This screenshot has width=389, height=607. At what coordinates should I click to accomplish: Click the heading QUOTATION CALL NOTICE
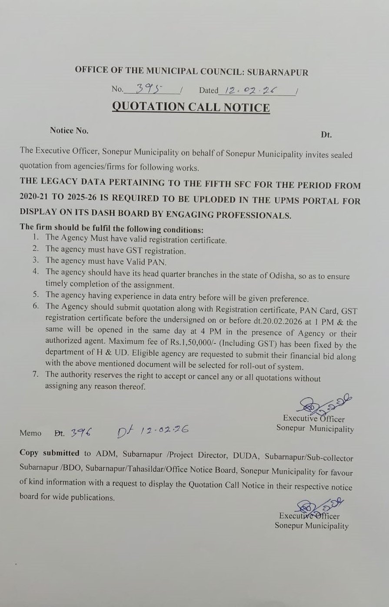[x=191, y=107]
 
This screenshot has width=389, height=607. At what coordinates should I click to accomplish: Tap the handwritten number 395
[x=149, y=89]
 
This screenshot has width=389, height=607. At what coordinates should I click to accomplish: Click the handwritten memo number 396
[x=80, y=431]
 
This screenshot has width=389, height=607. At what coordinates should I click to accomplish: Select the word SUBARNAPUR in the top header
[x=281, y=72]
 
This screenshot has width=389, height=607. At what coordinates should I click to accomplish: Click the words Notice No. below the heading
[x=69, y=130]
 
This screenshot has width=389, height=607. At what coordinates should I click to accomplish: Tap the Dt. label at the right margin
[x=326, y=135]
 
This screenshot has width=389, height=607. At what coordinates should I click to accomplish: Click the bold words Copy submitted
[x=50, y=453]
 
